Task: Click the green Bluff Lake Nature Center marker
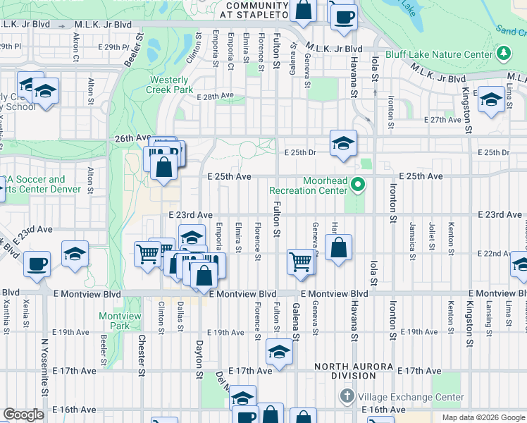click(x=503, y=54)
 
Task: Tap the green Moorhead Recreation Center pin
click(x=358, y=185)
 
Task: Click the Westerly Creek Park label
click(x=170, y=85)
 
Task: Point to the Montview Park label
click(x=114, y=321)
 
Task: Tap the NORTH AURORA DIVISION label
click(x=355, y=371)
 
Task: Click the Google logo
click(x=23, y=415)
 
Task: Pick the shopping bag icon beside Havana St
click(x=339, y=248)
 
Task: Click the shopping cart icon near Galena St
click(x=300, y=262)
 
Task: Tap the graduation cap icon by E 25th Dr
click(x=343, y=143)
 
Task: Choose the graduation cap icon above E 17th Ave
click(x=280, y=352)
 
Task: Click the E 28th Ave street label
click(x=215, y=96)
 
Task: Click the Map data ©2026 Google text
click(x=483, y=417)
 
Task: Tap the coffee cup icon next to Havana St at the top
click(x=343, y=17)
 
